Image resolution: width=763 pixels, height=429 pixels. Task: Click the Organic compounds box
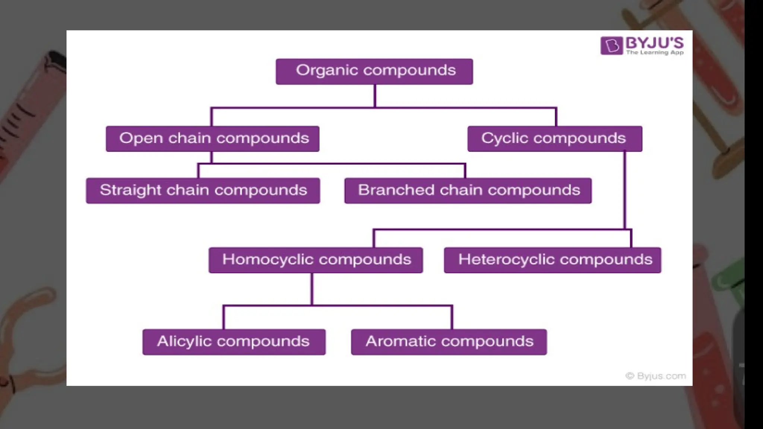(374, 71)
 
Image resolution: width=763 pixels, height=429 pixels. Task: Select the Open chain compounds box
(212, 139)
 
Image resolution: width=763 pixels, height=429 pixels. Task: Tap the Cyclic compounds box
(555, 139)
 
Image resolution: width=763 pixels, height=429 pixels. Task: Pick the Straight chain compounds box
(203, 191)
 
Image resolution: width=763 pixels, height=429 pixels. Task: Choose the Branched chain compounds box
(468, 191)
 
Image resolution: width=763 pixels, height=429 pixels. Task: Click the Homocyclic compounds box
(316, 260)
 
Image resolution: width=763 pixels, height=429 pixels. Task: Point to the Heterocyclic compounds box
(553, 260)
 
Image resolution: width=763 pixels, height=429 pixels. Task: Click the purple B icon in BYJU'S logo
(611, 46)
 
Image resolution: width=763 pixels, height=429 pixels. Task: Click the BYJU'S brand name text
(655, 43)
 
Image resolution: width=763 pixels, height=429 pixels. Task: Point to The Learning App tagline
(655, 53)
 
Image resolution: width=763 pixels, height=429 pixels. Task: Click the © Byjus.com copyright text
(656, 376)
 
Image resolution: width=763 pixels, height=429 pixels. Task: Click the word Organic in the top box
(327, 71)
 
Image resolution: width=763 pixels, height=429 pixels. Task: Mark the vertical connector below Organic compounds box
(375, 96)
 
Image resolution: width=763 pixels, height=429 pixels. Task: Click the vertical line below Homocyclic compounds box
(312, 289)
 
